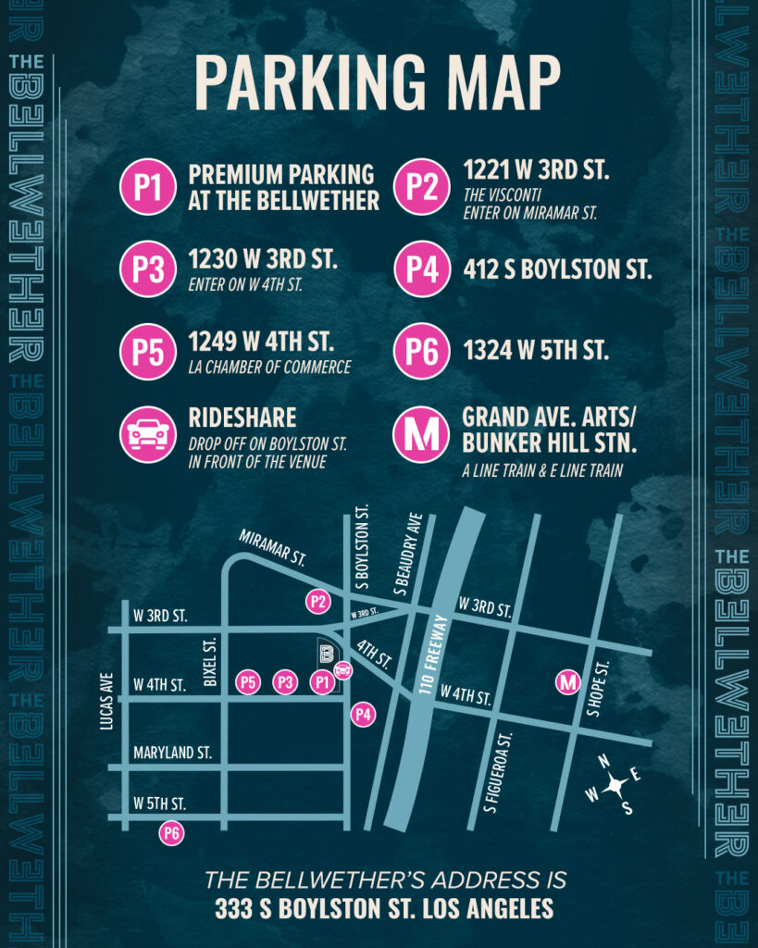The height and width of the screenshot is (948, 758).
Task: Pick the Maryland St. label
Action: pyautogui.click(x=172, y=753)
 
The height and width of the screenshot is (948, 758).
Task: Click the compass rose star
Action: pyautogui.click(x=613, y=786)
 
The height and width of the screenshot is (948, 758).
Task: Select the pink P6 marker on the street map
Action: pyautogui.click(x=171, y=833)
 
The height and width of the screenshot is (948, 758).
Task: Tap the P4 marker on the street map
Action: pyautogui.click(x=364, y=715)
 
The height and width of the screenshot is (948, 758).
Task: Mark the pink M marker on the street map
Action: pyautogui.click(x=568, y=683)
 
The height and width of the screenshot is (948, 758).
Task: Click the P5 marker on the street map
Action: pyautogui.click(x=248, y=683)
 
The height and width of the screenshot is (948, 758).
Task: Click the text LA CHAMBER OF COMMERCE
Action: pyautogui.click(x=269, y=368)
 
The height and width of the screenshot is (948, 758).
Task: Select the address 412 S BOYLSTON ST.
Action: pyautogui.click(x=557, y=270)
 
